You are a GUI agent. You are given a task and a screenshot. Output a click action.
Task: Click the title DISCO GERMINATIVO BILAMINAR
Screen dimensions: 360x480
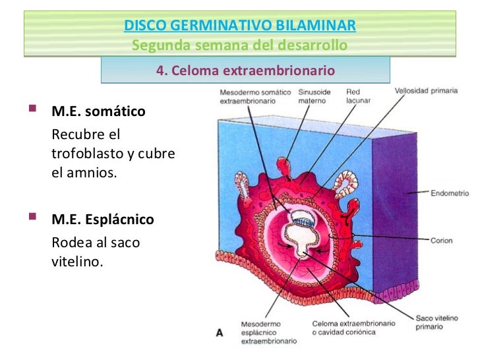240,26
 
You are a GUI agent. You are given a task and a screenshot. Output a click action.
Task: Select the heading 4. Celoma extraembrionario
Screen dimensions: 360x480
245,70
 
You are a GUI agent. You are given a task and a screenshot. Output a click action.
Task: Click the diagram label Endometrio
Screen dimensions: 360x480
450,194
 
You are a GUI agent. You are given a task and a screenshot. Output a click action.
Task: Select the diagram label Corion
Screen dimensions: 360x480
441,241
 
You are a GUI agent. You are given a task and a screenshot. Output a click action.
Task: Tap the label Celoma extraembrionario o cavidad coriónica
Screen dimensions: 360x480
353,328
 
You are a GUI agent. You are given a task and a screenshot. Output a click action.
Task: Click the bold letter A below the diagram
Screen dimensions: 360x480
220,333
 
